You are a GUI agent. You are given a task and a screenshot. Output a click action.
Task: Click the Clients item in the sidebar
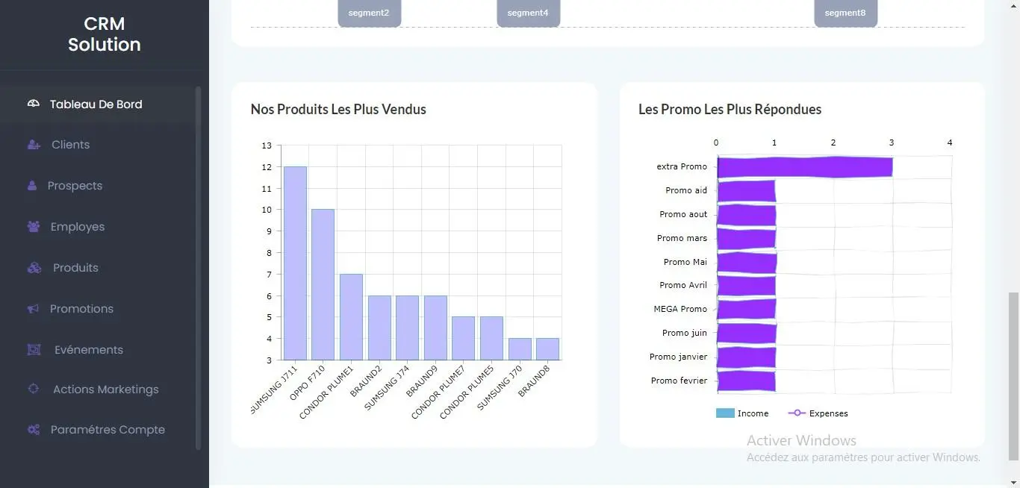(x=70, y=145)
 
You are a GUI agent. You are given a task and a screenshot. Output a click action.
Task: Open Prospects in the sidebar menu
(x=75, y=186)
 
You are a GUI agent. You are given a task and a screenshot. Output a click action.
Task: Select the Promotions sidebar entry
(x=81, y=309)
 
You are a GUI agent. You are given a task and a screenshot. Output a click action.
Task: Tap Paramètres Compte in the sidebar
(x=108, y=430)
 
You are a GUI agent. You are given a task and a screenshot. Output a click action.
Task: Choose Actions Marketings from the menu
(x=105, y=390)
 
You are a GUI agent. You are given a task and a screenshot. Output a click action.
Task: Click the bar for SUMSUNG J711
(x=295, y=263)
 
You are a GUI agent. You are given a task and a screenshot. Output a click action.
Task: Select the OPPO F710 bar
(x=323, y=284)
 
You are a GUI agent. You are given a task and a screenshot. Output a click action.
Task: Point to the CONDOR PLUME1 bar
(x=351, y=317)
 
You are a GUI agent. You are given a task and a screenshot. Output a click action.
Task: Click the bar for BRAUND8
(x=547, y=349)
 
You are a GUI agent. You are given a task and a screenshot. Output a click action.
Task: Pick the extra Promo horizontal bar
(x=804, y=167)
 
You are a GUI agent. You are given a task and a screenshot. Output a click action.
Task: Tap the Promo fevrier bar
(x=746, y=381)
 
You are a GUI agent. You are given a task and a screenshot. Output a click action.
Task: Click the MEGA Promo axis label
(x=680, y=309)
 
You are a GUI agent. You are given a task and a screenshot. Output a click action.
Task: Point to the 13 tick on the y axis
(x=267, y=146)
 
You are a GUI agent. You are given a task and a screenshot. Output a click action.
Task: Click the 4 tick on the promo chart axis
(x=950, y=143)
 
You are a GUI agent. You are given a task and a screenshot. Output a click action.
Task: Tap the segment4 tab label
(x=528, y=13)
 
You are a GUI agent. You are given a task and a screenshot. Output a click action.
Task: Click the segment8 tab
(x=845, y=13)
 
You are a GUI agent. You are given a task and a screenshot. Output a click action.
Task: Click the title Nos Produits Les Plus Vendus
(x=338, y=109)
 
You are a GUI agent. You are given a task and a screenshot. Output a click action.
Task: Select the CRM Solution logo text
(x=105, y=34)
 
